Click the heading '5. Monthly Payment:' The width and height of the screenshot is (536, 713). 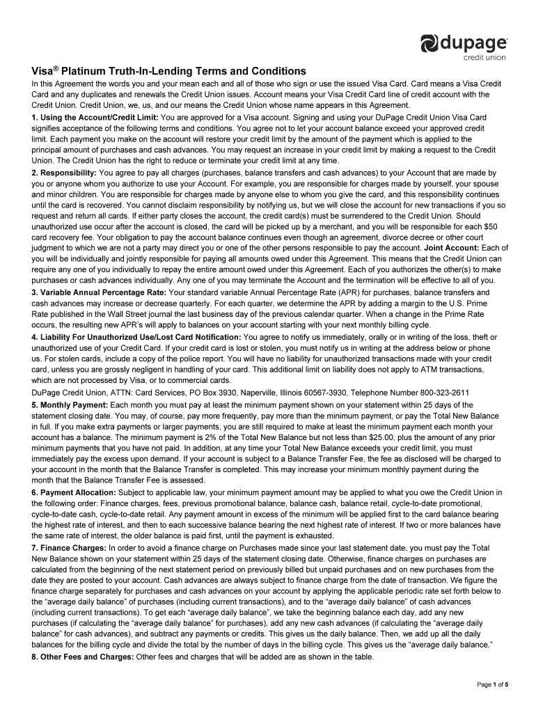pyautogui.click(x=70, y=405)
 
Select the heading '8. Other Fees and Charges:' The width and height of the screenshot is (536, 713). pyautogui.click(x=84, y=656)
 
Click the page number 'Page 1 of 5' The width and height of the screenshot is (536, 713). pyautogui.click(x=492, y=685)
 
